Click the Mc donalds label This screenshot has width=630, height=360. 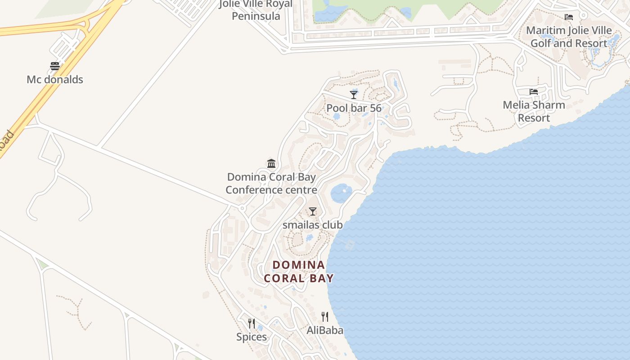(55, 80)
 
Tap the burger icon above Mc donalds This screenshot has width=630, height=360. (55, 66)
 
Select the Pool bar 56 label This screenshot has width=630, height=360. (354, 108)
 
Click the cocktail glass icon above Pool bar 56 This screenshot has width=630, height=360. (354, 94)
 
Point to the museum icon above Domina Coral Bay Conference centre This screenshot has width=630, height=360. (271, 163)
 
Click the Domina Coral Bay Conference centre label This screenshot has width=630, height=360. (271, 184)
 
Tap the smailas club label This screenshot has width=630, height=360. (313, 225)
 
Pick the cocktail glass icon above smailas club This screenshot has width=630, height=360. (313, 211)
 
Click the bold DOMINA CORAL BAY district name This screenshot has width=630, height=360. (299, 271)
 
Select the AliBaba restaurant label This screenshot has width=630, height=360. (325, 331)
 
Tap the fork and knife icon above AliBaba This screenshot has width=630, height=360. (325, 317)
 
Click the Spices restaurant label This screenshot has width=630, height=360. (252, 337)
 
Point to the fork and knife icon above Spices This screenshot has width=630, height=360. (252, 323)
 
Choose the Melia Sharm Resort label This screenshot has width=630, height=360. (534, 112)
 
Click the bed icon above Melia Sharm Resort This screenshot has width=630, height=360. (534, 92)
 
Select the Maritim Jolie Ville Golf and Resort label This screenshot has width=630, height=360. (569, 37)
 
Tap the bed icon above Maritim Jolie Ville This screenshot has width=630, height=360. (569, 17)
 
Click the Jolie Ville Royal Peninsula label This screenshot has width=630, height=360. (256, 10)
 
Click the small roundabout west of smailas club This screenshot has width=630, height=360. (242, 208)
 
